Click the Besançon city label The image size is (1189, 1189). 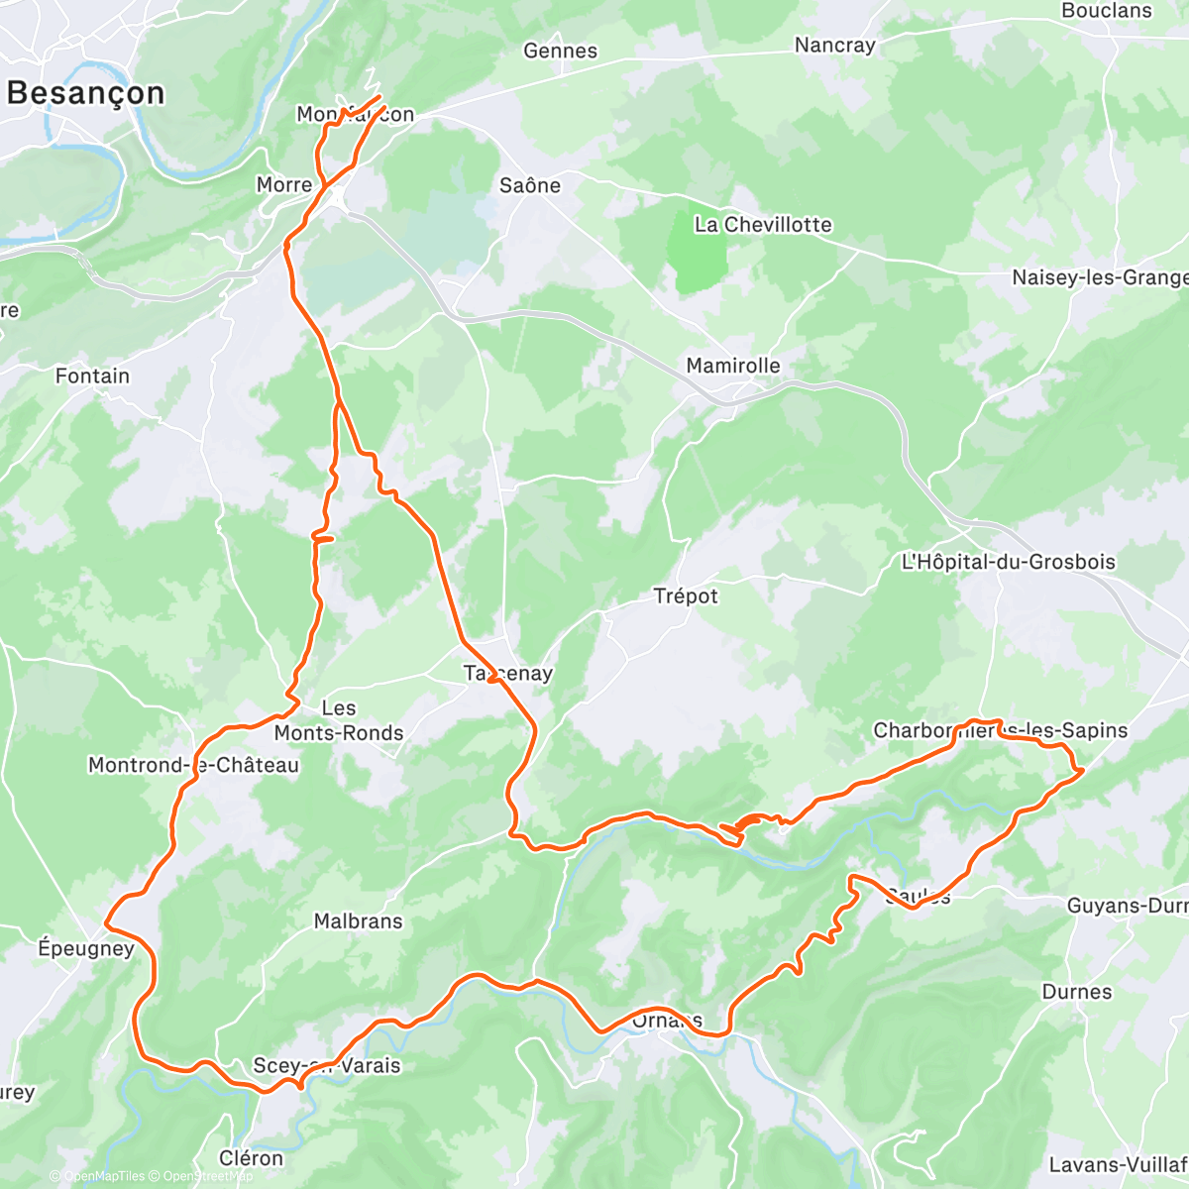point(85,93)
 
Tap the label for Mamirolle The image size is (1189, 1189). point(733,366)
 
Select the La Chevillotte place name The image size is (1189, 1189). point(763,225)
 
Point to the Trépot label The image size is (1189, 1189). point(686,596)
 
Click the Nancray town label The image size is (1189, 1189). point(835,46)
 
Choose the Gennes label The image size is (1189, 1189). point(560,51)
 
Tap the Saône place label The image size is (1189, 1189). point(529,185)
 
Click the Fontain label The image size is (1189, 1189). point(92,377)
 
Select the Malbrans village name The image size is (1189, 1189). point(358,921)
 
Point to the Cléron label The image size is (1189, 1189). point(251,1158)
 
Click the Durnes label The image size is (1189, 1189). point(1076,992)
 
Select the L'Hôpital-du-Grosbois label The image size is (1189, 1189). point(1008,562)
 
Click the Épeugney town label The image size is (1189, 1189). point(85,948)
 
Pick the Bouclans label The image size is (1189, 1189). point(1107,11)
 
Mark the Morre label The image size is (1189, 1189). point(283,185)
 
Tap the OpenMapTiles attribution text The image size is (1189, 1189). point(104,1176)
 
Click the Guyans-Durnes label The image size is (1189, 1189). point(1127,906)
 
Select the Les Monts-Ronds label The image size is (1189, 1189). point(339,720)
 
